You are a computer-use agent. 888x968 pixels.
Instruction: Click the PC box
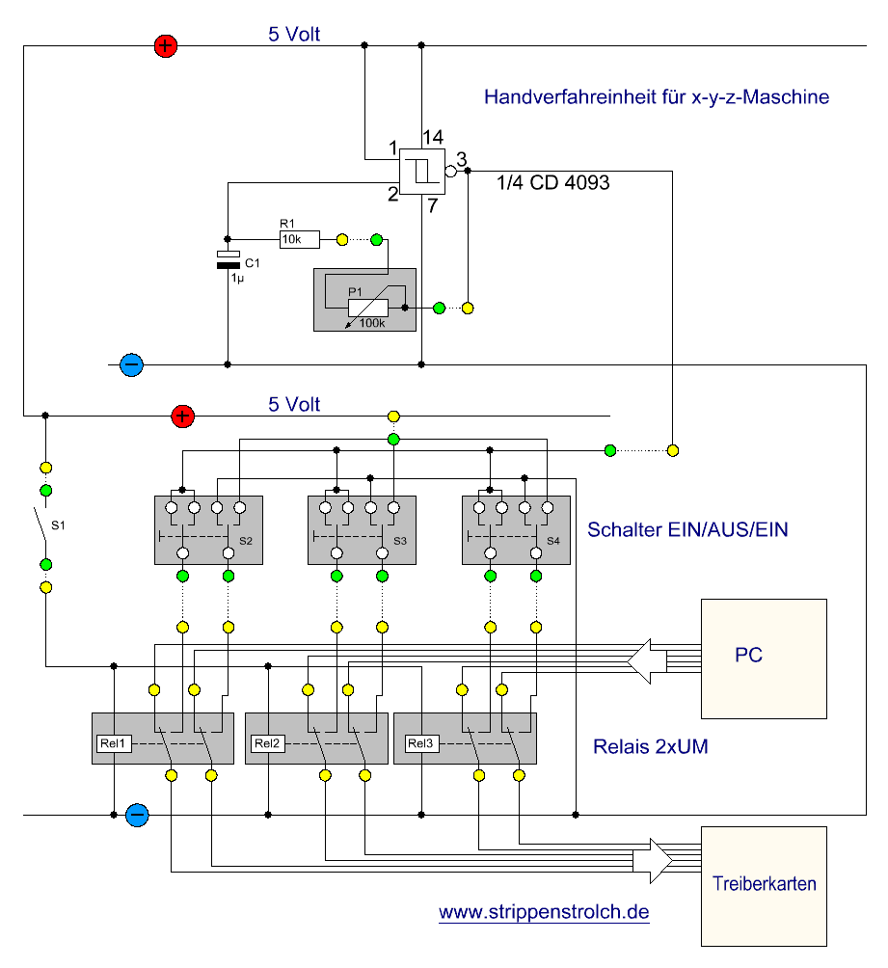point(764,659)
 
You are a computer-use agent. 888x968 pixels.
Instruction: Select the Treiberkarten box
point(764,886)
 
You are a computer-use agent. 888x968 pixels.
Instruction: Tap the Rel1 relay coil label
point(114,743)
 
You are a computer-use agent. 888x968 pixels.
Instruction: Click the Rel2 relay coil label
point(267,743)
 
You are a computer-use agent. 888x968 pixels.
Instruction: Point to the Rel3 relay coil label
point(421,743)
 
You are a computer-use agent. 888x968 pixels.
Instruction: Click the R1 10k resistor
point(300,239)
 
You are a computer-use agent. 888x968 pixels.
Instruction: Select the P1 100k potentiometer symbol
point(368,308)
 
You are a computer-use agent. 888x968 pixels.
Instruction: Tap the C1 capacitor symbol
point(228,259)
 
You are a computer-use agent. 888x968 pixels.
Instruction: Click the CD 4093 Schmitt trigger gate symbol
point(422,171)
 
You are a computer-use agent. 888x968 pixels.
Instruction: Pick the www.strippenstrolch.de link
point(544,912)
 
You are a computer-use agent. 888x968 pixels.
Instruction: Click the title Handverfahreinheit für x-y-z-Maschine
point(657,97)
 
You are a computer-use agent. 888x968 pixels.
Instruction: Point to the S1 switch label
point(58,525)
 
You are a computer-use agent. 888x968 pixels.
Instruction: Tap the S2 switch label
point(246,541)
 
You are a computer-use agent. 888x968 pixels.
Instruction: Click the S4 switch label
point(553,541)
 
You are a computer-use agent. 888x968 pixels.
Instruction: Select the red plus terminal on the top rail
point(166,45)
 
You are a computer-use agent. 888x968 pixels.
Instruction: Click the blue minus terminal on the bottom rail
point(137,815)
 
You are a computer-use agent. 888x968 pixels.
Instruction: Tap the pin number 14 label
point(433,137)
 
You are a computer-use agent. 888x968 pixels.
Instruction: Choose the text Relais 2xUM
point(650,746)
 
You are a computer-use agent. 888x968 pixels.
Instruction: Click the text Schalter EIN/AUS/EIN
point(687,529)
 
